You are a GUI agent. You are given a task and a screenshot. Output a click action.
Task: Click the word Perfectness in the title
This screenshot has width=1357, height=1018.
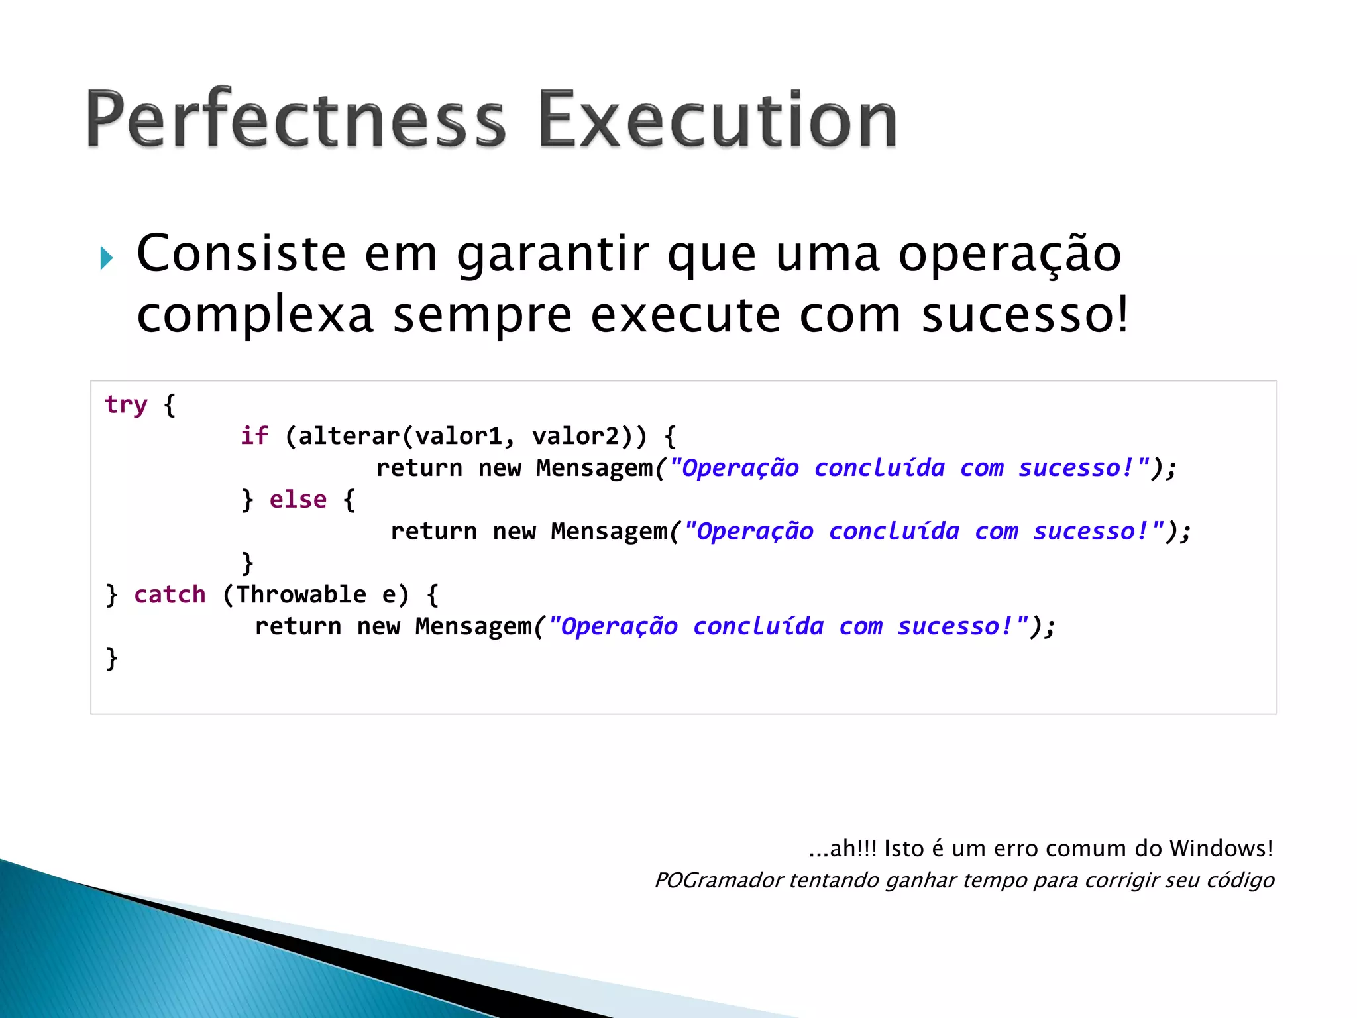(x=296, y=119)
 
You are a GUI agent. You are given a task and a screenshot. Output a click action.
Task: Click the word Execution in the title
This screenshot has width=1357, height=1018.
(x=718, y=119)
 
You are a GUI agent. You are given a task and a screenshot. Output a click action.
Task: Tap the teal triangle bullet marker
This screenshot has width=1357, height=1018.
(x=107, y=258)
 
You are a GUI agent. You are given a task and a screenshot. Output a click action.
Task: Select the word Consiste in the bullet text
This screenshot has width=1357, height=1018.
(x=241, y=254)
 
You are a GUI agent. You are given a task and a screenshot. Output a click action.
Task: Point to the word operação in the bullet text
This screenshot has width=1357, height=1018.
(x=1009, y=255)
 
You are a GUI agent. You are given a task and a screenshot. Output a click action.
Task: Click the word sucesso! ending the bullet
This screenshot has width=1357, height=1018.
(x=1024, y=315)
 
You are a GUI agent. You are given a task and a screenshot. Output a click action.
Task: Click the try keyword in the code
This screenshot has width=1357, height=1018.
(x=126, y=404)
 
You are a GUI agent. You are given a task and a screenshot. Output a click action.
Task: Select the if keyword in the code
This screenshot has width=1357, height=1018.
(x=254, y=436)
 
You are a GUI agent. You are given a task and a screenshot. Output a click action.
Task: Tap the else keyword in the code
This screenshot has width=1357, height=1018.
(x=298, y=500)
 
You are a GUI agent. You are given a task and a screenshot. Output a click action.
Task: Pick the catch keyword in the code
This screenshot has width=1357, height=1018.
(x=170, y=594)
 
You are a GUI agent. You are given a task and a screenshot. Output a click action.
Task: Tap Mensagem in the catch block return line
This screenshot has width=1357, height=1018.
(x=474, y=626)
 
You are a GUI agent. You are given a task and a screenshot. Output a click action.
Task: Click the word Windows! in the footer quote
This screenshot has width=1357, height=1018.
(x=1221, y=848)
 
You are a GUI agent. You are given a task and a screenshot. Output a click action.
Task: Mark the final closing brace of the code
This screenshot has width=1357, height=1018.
(x=112, y=658)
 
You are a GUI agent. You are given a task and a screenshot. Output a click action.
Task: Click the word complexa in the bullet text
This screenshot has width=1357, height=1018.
(x=255, y=315)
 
